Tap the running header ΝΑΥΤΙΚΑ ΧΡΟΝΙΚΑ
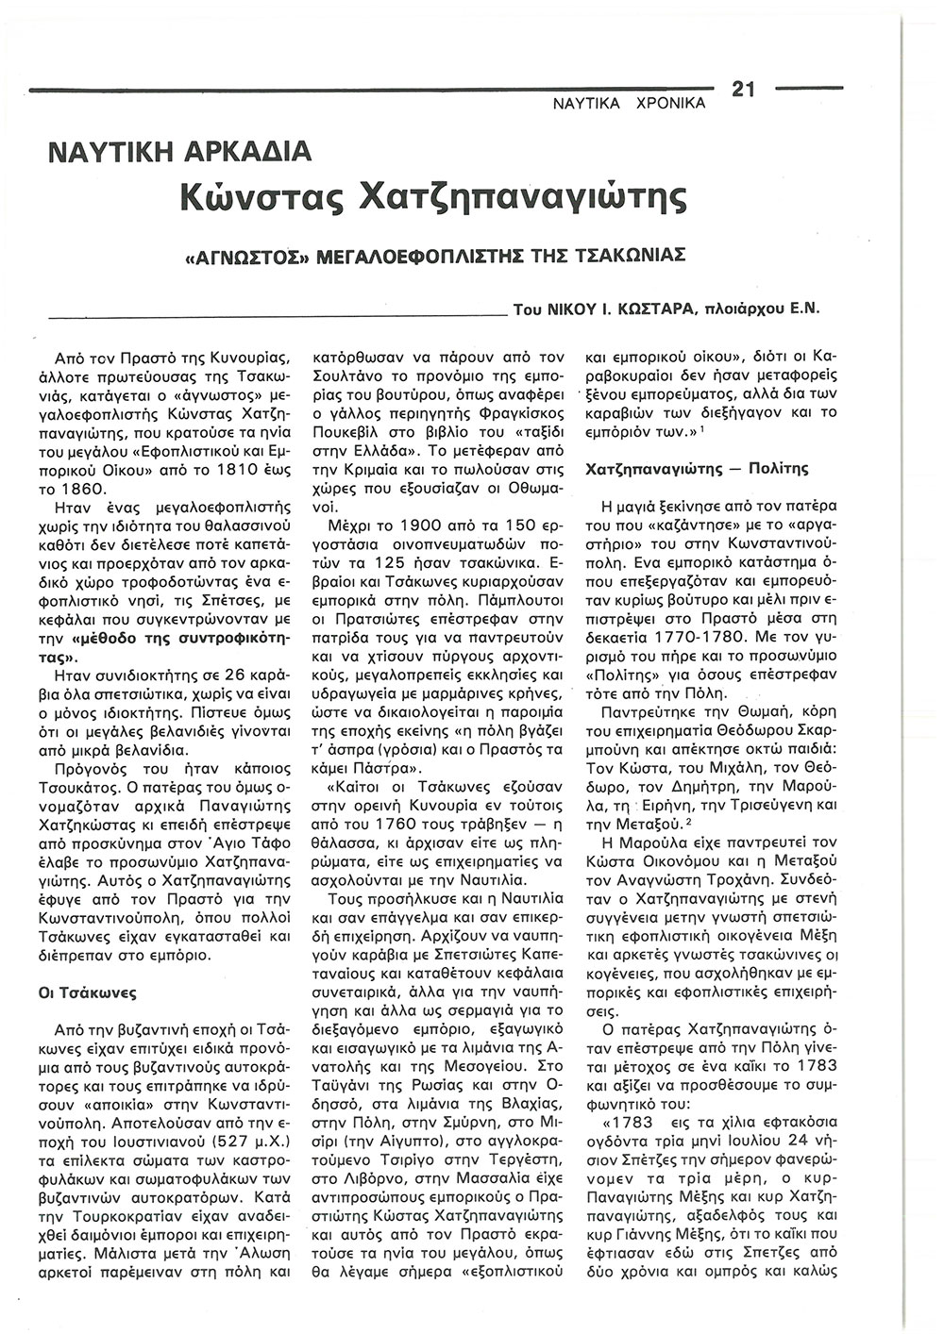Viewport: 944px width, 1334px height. (x=628, y=104)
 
